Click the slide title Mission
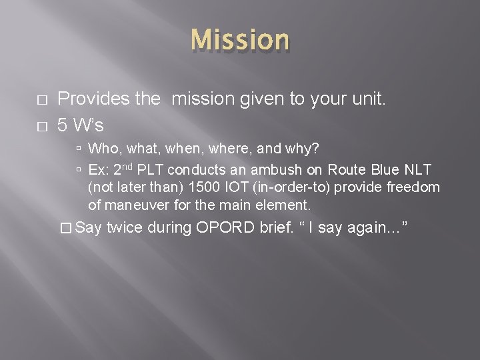coord(240,40)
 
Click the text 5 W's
coord(80,125)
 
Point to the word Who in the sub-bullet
coord(102,148)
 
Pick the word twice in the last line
coord(125,229)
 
